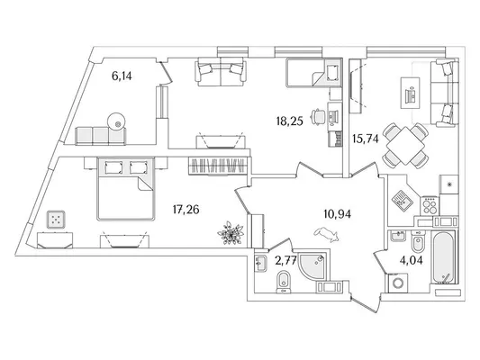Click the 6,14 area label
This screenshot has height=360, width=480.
(x=122, y=76)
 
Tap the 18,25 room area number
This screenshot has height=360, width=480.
(x=289, y=121)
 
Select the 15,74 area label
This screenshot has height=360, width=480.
(x=366, y=139)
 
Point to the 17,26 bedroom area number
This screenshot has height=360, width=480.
(x=186, y=210)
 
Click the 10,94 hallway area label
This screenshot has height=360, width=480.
(x=338, y=214)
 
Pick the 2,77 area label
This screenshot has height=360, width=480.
(x=285, y=261)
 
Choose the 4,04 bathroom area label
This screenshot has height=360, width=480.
(x=412, y=260)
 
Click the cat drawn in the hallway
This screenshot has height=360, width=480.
(x=326, y=235)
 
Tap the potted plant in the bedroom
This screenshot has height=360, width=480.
(x=231, y=233)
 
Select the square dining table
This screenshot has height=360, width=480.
(x=405, y=146)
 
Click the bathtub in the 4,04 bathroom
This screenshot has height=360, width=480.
(x=444, y=257)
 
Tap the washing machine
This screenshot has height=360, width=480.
(x=398, y=283)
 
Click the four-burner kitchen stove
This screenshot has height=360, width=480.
(x=430, y=205)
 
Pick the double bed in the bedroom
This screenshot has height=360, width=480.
(x=125, y=189)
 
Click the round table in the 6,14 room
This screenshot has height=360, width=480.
(x=116, y=121)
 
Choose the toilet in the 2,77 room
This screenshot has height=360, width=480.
(x=284, y=282)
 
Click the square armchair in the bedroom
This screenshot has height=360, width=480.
(x=56, y=220)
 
